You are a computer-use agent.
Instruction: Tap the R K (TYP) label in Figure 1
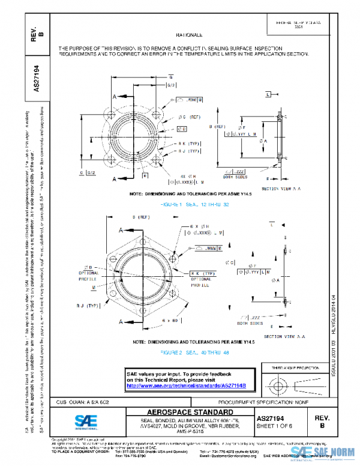click(x=190, y=144)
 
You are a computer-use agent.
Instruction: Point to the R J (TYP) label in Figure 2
click(x=88, y=306)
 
